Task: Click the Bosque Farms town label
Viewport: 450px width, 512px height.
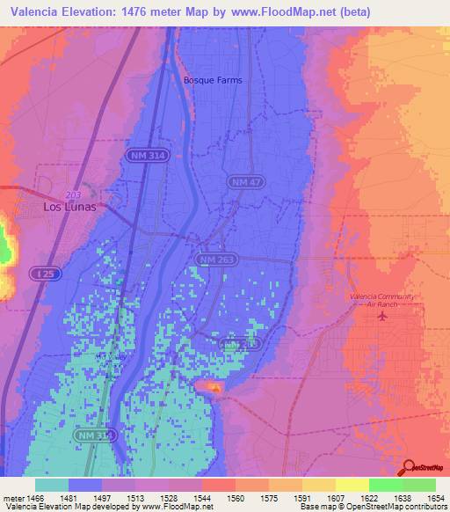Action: pos(212,80)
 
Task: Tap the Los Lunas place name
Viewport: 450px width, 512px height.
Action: pos(69,208)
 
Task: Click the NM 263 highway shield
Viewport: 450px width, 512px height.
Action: pos(215,260)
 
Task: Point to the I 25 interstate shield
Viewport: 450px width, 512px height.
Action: pos(45,275)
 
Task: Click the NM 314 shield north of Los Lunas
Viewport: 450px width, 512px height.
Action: pos(142,154)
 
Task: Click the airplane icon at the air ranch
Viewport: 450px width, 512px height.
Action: pos(381,316)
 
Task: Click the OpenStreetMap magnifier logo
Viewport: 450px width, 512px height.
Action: pos(410,467)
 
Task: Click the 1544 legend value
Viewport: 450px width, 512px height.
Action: pos(202,498)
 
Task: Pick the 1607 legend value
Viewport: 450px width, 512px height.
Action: pos(335,498)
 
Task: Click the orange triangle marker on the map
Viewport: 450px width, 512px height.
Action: pos(215,386)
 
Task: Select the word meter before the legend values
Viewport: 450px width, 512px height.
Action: pos(13,498)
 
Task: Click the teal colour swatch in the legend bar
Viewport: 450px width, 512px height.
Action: pos(52,485)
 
